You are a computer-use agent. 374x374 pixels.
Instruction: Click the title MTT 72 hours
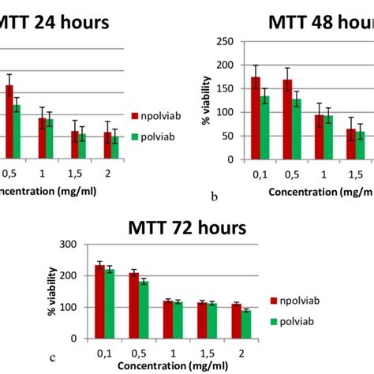(x=187, y=228)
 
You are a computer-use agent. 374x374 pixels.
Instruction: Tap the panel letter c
(x=52, y=358)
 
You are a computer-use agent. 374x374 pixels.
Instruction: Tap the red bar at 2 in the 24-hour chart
(x=107, y=145)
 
